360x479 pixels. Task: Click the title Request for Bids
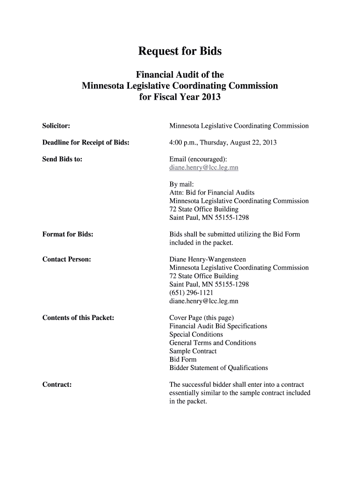(180, 51)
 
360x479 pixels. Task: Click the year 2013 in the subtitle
(210, 98)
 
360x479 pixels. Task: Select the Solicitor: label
(56, 126)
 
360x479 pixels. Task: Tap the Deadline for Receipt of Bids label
(86, 142)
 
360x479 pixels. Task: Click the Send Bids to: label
(62, 159)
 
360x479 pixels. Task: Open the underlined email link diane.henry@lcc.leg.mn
(204, 167)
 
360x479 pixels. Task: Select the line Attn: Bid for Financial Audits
(212, 192)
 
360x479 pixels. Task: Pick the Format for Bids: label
(68, 234)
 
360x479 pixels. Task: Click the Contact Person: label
(66, 259)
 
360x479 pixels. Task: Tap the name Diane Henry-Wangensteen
(208, 259)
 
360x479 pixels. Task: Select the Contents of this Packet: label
(78, 318)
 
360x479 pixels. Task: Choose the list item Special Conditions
(196, 334)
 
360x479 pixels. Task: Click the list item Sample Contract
(193, 351)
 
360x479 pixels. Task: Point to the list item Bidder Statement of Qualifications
(218, 368)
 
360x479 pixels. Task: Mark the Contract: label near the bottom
(57, 385)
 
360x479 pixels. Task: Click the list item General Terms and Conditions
(213, 343)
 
